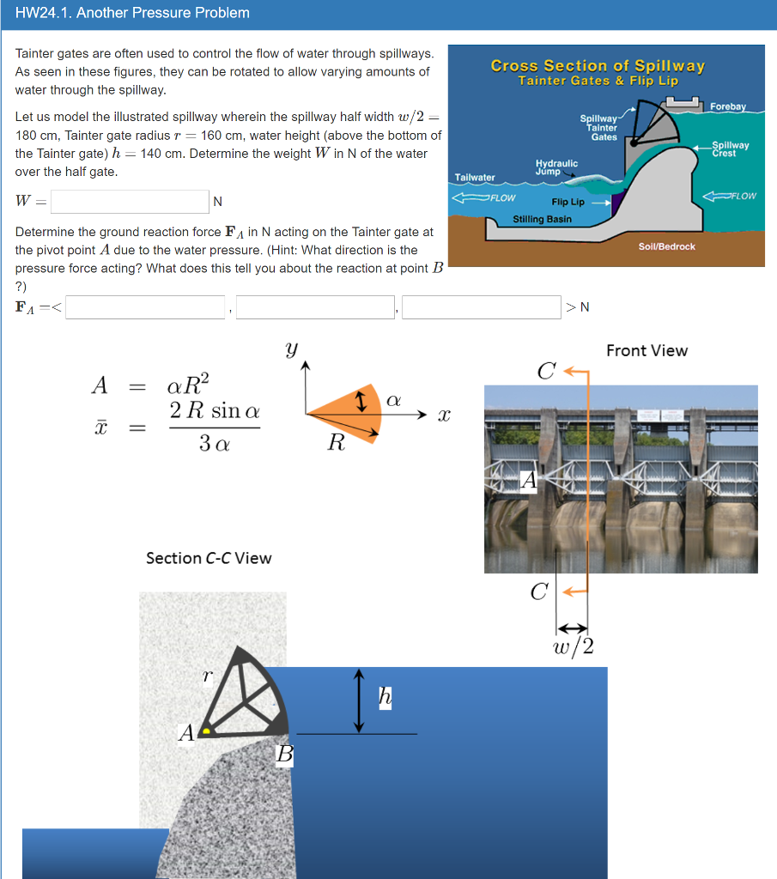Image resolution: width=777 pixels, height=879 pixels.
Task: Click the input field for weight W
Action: pos(130,202)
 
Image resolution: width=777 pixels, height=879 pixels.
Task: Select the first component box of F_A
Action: pos(146,307)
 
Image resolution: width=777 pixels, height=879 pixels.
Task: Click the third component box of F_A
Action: pos(481,307)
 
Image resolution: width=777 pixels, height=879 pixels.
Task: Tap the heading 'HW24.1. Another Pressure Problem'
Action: pos(133,13)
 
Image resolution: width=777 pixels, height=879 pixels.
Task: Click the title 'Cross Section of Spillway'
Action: pos(598,66)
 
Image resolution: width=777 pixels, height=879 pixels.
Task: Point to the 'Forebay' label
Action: pos(728,106)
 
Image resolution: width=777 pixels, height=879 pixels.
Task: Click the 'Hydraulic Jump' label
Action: pos(556,167)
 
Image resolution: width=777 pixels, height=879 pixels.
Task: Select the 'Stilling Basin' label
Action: pos(542,219)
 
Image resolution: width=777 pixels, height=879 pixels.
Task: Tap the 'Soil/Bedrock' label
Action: pos(667,246)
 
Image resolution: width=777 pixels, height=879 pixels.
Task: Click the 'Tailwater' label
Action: pos(475,178)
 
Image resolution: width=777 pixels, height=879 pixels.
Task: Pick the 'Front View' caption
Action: pos(646,350)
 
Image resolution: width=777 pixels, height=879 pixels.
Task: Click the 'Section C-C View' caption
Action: pos(209,558)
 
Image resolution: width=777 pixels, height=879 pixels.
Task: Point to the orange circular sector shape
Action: pos(343,410)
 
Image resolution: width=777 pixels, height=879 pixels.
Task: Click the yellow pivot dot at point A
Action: pos(206,731)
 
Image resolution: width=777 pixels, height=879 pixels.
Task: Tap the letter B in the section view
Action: pos(284,755)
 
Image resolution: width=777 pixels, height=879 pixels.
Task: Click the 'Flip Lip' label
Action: pos(568,203)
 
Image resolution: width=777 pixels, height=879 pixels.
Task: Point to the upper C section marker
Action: pos(546,372)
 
